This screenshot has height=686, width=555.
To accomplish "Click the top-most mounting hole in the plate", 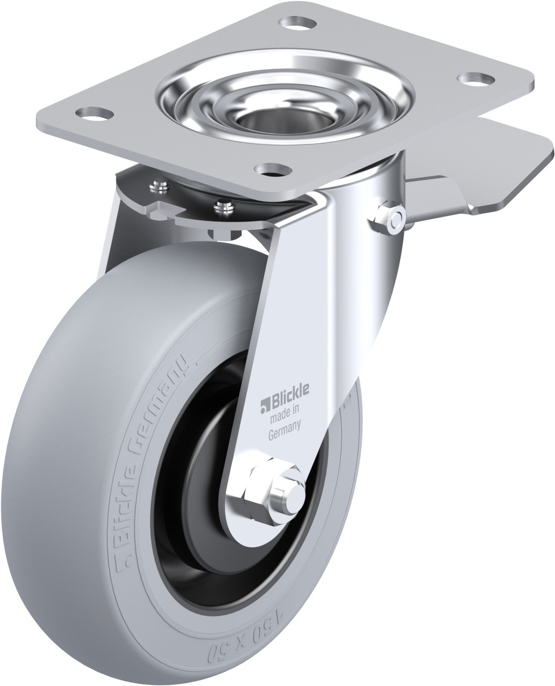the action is (x=297, y=23).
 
